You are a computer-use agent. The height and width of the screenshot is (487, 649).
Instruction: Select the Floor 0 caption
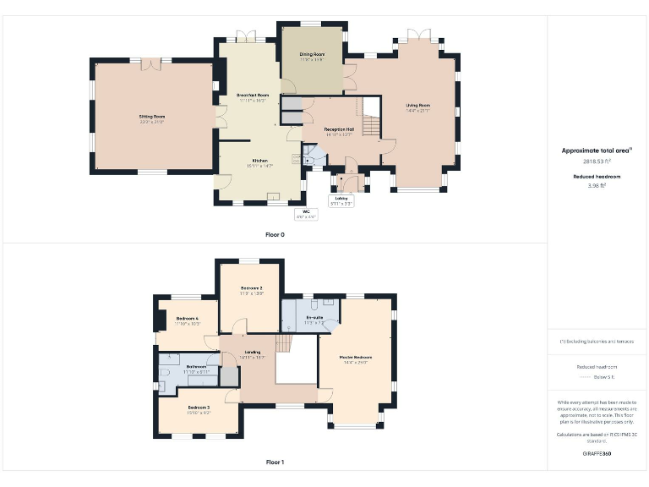[275, 234]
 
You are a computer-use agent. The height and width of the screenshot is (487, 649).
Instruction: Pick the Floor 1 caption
[275, 462]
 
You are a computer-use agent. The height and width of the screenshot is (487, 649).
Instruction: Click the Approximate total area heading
[597, 150]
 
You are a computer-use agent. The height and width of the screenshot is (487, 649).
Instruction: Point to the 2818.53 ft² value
[597, 161]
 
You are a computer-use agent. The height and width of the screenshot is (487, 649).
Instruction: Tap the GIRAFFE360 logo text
[597, 454]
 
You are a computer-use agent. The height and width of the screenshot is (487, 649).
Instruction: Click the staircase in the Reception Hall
[371, 118]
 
